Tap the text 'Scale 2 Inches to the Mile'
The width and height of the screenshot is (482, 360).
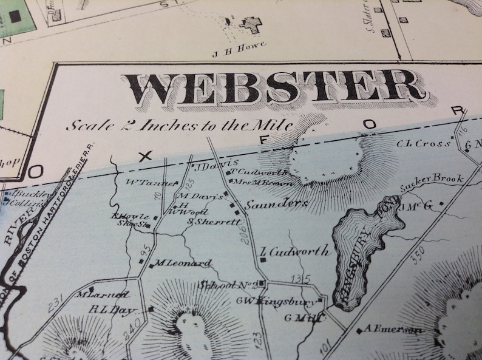point(179,126)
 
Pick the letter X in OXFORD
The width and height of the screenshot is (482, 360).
point(145,156)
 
